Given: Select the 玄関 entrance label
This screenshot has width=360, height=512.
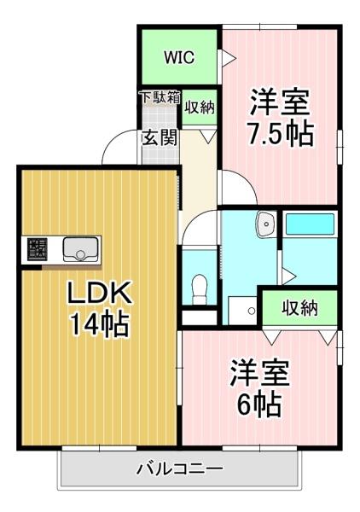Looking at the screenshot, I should coord(159,137).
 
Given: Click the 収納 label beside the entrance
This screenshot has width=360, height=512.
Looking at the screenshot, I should coord(200,108).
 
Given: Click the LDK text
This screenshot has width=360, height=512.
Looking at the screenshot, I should coord(98,294).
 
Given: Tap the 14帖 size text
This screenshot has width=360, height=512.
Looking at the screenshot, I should coord(99,324).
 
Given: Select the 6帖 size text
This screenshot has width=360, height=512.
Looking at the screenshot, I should coord(258,404).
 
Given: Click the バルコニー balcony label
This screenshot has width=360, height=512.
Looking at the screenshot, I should coord(180,468).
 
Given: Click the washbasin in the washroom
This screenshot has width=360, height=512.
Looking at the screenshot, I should coord(264,224).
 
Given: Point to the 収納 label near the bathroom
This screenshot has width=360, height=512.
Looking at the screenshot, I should coord(301,308).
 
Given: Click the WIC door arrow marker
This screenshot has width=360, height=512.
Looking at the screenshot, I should coord(227,59).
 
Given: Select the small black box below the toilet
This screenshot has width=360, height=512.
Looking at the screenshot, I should coord(200,317).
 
